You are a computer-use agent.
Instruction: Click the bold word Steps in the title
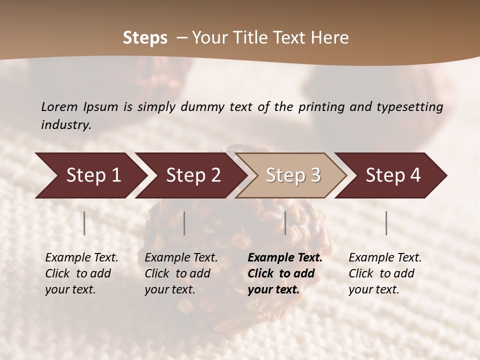145,38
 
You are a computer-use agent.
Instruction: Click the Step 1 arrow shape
90,175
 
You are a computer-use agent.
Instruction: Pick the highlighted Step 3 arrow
292,175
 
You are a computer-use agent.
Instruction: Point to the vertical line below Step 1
84,223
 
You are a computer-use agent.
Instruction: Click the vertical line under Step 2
184,223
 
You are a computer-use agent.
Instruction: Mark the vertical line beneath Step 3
285,223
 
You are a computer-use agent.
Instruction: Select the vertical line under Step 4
386,223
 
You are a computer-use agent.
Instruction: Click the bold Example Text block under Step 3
285,273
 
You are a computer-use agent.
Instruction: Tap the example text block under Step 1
81,273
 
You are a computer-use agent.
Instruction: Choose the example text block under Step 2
181,273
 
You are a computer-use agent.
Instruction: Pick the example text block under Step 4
385,273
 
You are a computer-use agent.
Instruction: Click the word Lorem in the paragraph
59,107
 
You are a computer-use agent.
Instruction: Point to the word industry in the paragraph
66,125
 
